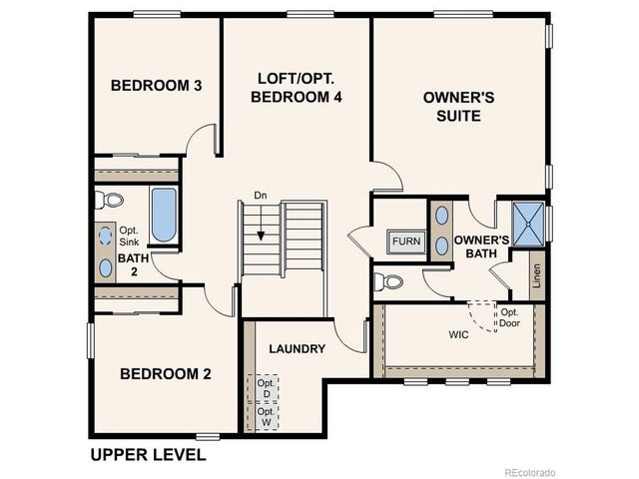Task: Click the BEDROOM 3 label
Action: (x=157, y=86)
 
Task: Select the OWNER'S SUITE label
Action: (x=452, y=107)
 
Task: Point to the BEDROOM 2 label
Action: (x=166, y=374)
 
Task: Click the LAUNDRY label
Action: (x=298, y=349)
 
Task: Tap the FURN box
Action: (x=405, y=241)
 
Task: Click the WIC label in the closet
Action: (x=430, y=335)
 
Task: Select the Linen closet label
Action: (x=537, y=275)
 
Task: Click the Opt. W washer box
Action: (x=267, y=416)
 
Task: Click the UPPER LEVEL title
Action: (x=148, y=455)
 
